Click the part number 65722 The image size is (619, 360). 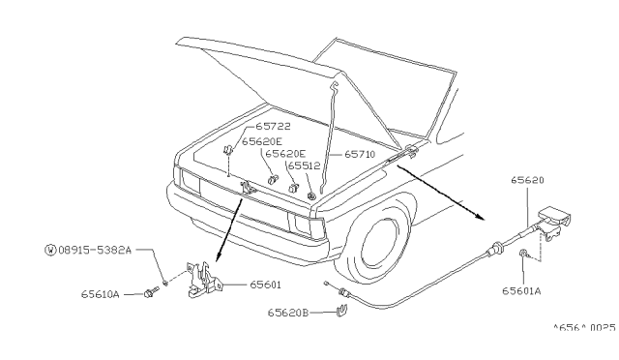point(273,127)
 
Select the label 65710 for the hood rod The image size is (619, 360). point(360,154)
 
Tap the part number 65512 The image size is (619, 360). point(304,166)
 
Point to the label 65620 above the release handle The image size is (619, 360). point(527,180)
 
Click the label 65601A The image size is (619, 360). point(521,291)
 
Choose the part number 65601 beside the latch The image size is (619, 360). point(265,285)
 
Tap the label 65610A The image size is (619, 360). point(101,294)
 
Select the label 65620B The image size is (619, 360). point(288,313)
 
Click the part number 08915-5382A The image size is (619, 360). point(95,250)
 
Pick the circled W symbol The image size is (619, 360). point(50,250)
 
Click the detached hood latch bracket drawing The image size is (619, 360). point(204,279)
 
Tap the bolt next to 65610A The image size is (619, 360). point(151,293)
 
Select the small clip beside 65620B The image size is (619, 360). point(341,311)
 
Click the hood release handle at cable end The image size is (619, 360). point(554,222)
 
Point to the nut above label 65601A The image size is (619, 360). point(522,253)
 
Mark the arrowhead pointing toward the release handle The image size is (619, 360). point(480,216)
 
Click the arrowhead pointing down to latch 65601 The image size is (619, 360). point(218,256)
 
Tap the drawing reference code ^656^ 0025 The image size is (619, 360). point(584,328)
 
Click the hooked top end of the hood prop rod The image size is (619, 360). point(335,86)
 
